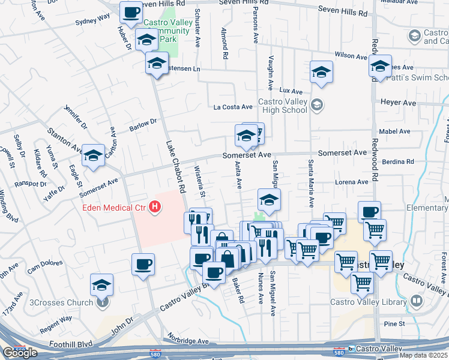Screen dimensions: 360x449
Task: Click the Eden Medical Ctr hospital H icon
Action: click(x=155, y=208)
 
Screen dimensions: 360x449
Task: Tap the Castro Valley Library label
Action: click(x=369, y=302)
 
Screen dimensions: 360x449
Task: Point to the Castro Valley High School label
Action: click(x=282, y=106)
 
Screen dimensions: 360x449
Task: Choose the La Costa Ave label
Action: click(x=234, y=107)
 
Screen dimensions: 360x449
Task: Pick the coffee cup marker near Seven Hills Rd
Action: click(x=131, y=12)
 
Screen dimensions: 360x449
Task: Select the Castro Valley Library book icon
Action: click(x=417, y=301)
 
